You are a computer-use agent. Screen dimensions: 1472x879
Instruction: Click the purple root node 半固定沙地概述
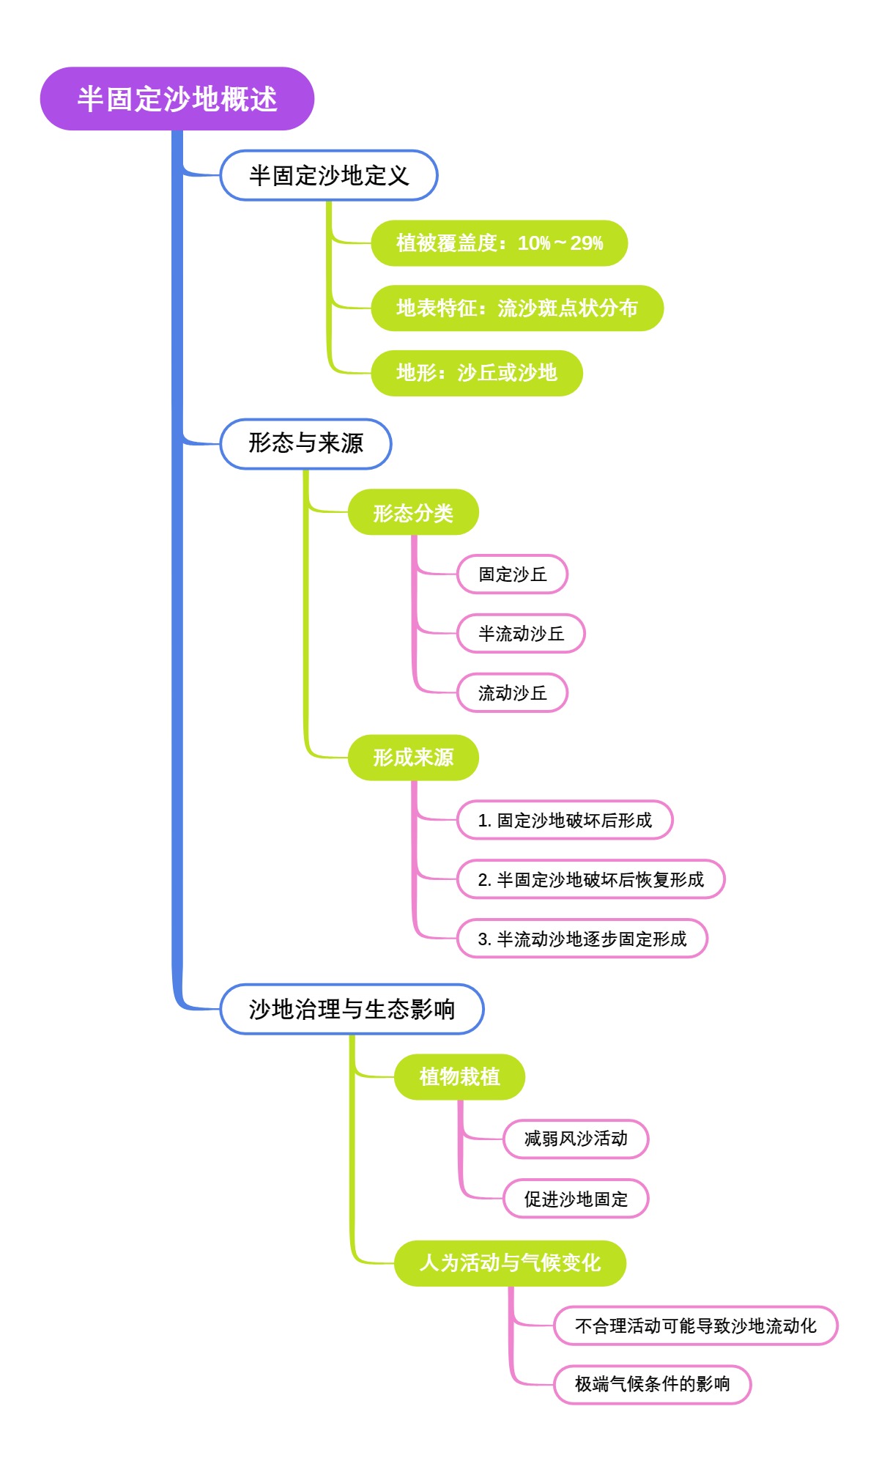coord(177,99)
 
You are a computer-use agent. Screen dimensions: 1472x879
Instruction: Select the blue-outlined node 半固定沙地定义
coord(328,176)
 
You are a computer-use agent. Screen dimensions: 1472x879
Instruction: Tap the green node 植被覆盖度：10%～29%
coord(499,243)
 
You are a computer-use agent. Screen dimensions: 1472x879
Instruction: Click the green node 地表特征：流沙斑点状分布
coord(516,308)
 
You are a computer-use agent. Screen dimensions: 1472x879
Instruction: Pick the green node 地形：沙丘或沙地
coord(476,374)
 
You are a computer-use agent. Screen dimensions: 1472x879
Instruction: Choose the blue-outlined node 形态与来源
coord(305,444)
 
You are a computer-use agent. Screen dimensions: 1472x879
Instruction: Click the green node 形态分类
coord(413,512)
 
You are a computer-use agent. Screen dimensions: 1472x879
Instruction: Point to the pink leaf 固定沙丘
coord(512,574)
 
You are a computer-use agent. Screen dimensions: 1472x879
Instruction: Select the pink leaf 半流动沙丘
coord(521,634)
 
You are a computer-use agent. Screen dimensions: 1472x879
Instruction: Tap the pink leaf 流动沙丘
coord(512,693)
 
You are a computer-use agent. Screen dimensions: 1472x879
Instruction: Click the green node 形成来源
coord(413,758)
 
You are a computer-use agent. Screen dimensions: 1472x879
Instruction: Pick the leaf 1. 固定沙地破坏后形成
coord(564,821)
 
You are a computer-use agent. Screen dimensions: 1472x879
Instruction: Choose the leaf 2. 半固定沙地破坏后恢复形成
coord(590,880)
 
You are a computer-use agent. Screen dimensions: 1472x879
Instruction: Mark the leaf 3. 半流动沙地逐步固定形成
coord(582,939)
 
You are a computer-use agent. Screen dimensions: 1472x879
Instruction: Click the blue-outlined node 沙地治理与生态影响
coord(352,1010)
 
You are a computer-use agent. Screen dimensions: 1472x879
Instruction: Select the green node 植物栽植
coord(459,1077)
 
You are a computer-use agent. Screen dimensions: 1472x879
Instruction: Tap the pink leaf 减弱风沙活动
coord(575,1139)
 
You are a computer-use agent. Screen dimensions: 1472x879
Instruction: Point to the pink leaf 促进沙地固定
coord(575,1199)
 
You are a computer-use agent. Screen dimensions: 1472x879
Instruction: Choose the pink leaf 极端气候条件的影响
coord(652,1385)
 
